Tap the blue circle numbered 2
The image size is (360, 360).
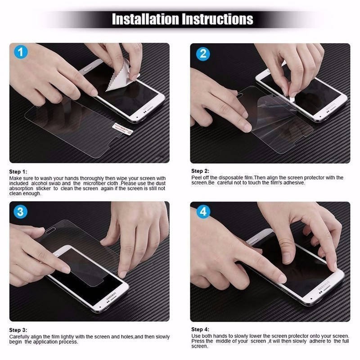(202, 54)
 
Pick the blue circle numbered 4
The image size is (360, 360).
(203, 211)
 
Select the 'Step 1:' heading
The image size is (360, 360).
(18, 171)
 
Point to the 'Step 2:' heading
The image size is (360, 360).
(200, 171)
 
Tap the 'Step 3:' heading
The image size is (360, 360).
(18, 330)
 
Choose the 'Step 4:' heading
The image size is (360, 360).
(200, 329)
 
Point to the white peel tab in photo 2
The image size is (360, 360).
(292, 96)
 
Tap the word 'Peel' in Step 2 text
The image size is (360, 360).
(196, 178)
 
